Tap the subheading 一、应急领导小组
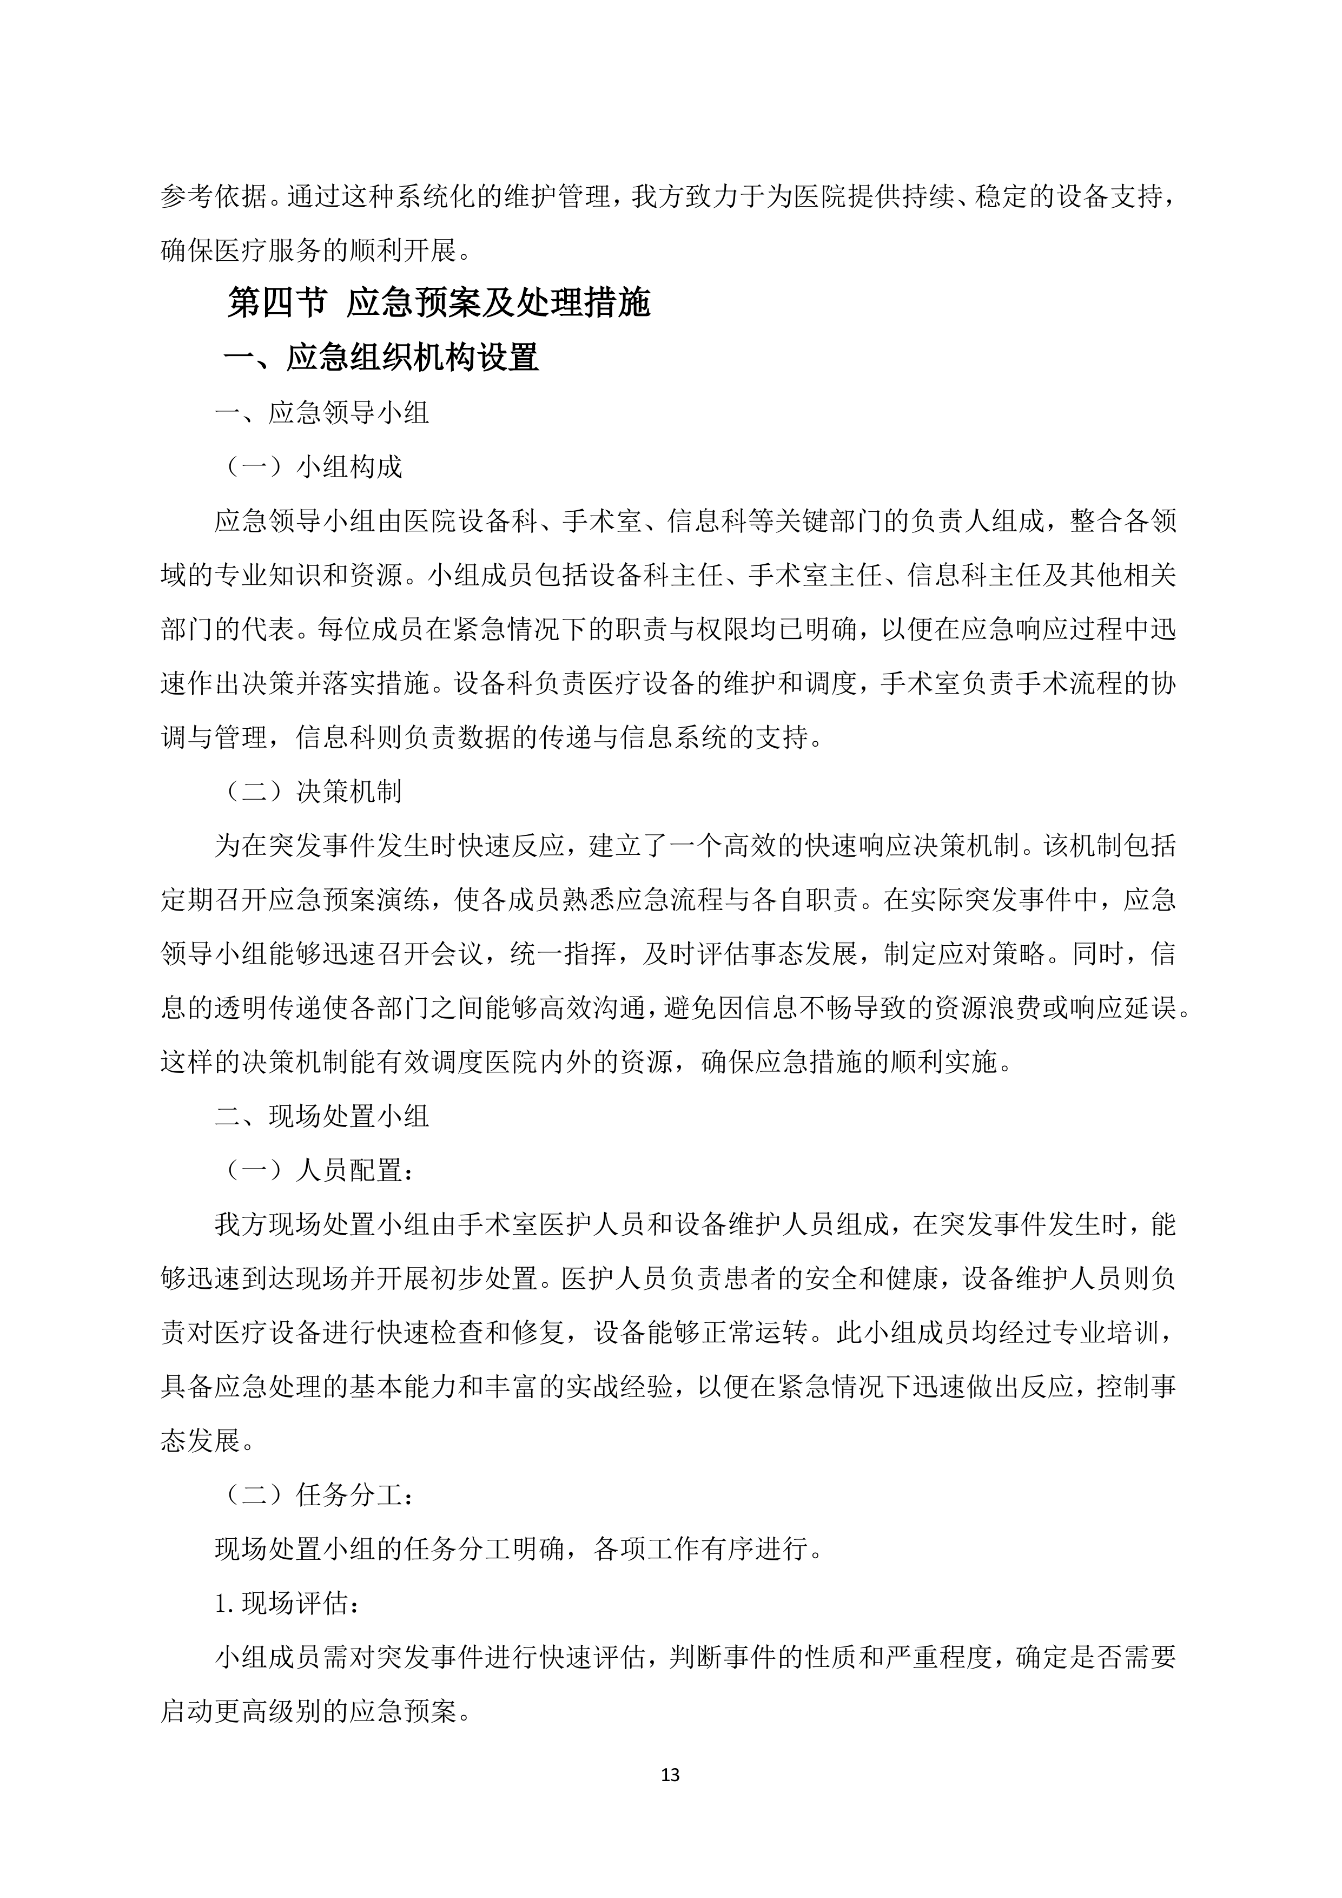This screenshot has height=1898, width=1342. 322,412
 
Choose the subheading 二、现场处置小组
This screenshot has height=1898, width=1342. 322,1116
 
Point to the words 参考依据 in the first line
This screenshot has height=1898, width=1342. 214,197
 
